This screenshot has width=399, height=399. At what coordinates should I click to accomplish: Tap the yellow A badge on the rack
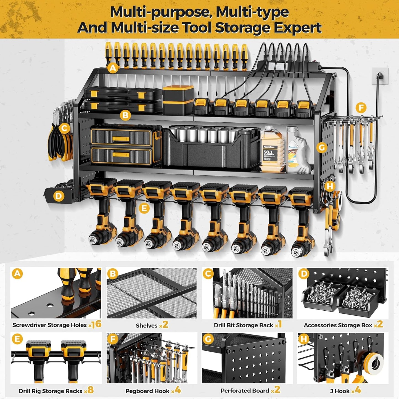[113, 68]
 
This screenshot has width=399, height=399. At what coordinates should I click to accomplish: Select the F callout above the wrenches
[361, 108]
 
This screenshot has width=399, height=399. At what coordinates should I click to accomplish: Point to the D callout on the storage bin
[59, 196]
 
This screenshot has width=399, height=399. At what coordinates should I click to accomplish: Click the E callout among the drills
[144, 208]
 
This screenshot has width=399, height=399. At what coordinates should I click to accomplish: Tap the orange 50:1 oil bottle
[272, 149]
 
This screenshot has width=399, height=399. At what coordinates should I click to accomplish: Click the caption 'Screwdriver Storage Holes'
[49, 325]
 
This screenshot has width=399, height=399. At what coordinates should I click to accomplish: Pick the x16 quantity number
[95, 324]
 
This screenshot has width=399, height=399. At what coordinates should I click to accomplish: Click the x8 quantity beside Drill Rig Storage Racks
[89, 390]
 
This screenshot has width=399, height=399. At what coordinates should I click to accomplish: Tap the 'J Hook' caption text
[340, 391]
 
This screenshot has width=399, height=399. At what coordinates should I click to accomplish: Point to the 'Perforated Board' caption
[245, 391]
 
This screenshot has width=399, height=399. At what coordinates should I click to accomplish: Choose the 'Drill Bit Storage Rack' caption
[243, 325]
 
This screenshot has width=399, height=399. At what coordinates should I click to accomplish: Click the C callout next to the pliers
[64, 128]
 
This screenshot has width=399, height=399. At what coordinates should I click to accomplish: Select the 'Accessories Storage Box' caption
[338, 325]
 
